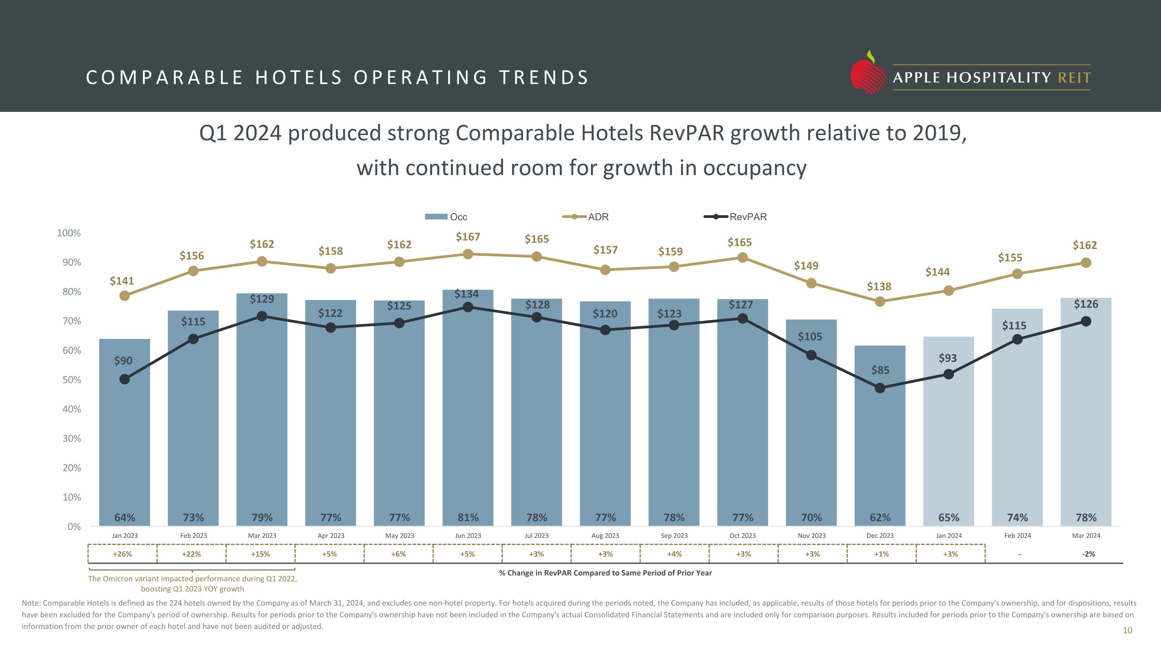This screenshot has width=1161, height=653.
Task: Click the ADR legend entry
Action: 586,217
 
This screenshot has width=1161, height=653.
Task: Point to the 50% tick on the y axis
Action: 72,380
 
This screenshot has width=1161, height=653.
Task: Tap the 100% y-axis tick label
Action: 69,233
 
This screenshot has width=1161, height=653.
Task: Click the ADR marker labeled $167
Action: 468,254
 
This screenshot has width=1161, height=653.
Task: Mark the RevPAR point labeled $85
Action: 880,388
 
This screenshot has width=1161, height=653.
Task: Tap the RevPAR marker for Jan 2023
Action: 124,379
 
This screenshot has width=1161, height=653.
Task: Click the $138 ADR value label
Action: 879,286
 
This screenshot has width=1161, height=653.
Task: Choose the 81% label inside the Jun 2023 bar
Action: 468,518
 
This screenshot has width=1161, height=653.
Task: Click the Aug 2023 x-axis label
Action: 605,536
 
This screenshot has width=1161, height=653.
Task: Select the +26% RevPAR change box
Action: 122,554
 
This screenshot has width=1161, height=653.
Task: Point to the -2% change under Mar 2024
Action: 1088,554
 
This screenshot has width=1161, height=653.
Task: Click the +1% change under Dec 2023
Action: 881,554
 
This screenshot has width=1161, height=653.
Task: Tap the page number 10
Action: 1127,631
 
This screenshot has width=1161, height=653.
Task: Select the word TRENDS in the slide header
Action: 544,77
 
